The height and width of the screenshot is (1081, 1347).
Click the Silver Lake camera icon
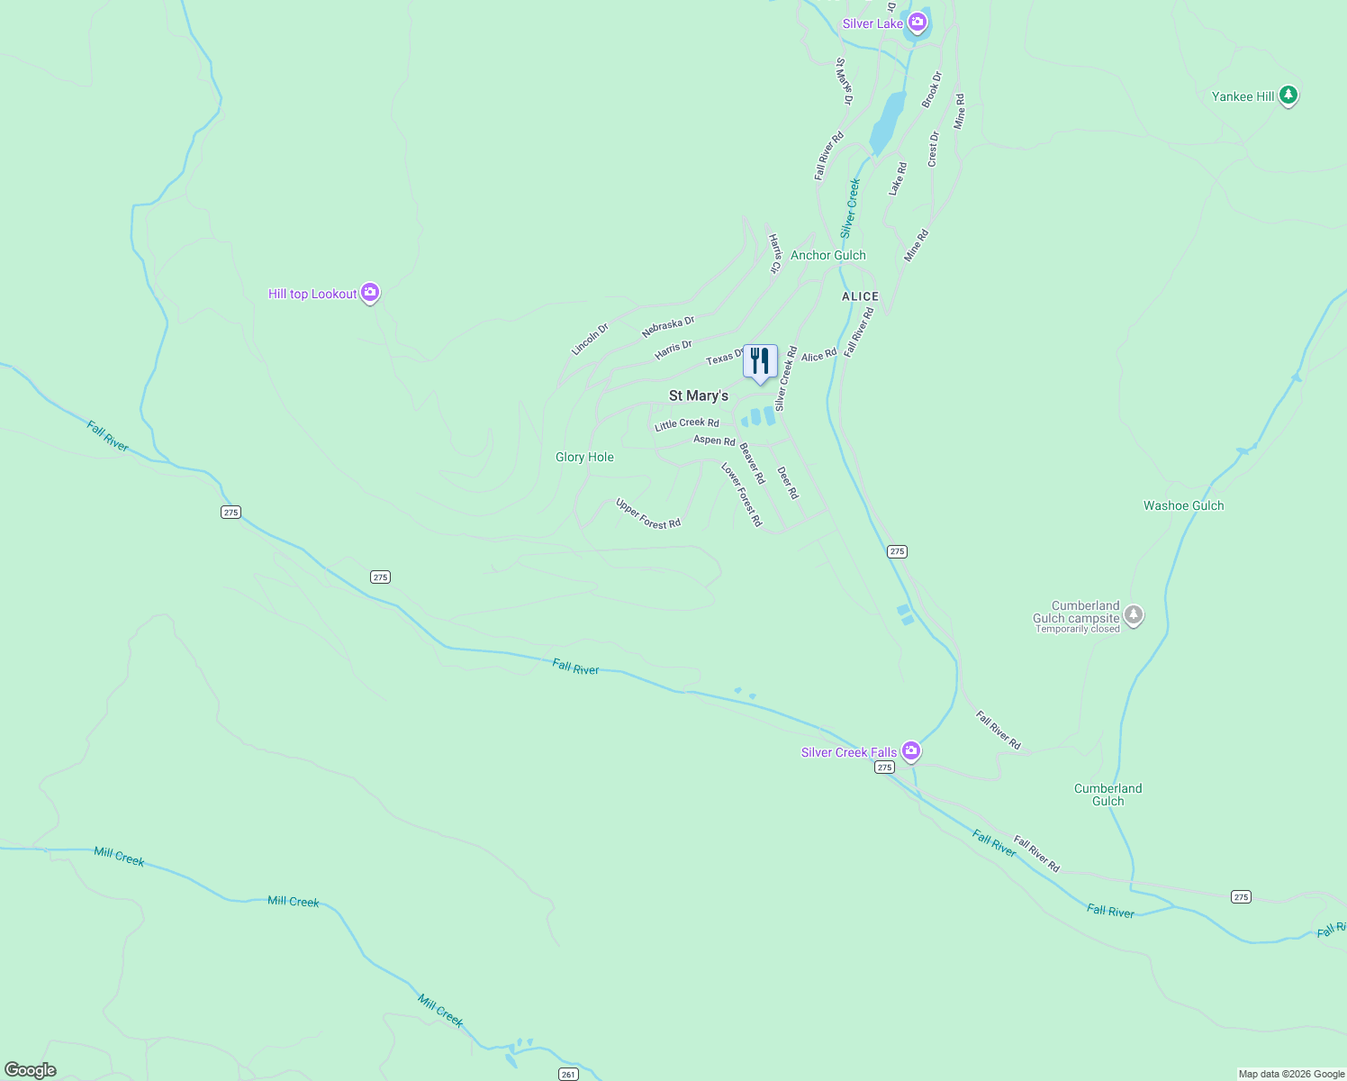pos(917,23)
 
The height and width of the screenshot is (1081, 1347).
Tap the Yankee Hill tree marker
pos(1288,95)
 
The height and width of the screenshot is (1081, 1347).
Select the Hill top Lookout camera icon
pos(369,293)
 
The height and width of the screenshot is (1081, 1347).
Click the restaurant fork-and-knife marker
pos(760,361)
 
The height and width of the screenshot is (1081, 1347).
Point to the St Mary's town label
pos(699,395)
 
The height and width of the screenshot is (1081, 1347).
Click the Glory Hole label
pos(584,457)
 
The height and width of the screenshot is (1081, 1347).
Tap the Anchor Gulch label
pos(827,255)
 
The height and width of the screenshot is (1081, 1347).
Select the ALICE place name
pos(860,296)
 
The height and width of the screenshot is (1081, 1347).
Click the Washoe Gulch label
pos(1183,505)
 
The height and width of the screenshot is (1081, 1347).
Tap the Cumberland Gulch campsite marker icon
pos(1134,615)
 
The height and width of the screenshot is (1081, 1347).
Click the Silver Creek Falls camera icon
pos(911,750)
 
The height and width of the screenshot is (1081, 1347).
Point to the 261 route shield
pos(567,1074)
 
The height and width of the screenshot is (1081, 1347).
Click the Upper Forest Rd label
pos(647,513)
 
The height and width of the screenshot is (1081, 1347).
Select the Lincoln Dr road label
pos(590,340)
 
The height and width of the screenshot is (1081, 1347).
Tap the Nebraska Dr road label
pos(668,327)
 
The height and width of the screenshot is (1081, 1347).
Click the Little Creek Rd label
pos(687,423)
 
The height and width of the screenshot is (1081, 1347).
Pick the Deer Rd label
pos(788,483)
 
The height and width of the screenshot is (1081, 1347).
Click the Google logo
pos(31,1070)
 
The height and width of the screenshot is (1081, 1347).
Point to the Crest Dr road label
pos(933,150)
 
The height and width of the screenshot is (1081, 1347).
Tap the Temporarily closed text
pos(1077,629)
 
